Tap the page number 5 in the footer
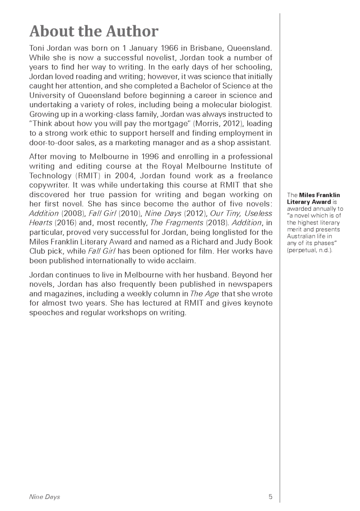(270, 497)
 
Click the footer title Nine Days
(44, 497)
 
